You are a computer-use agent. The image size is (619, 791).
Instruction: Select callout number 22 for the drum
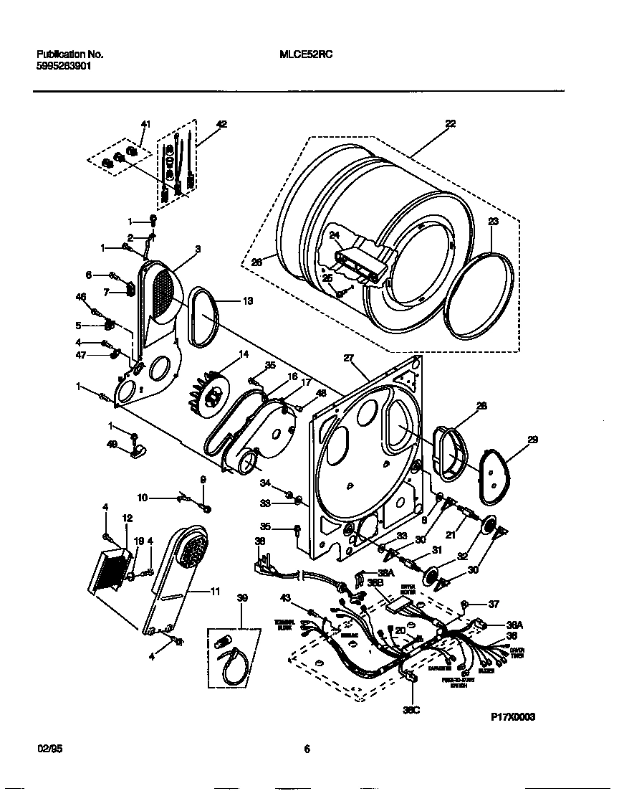[450, 123]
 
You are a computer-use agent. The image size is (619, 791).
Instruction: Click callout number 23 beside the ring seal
[493, 222]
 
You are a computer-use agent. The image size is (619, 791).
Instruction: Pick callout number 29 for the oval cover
[532, 439]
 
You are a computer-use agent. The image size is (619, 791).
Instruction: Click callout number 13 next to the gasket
[248, 301]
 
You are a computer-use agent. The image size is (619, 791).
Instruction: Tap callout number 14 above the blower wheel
[244, 354]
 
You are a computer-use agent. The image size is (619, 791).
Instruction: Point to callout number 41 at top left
[145, 124]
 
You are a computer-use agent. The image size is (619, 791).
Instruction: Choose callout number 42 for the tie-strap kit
[221, 124]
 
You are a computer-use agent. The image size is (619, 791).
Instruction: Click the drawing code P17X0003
[513, 716]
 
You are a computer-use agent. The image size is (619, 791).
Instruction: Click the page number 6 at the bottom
[307, 749]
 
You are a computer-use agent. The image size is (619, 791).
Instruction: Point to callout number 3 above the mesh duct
[198, 249]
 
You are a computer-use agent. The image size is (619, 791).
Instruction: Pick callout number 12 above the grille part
[128, 518]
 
